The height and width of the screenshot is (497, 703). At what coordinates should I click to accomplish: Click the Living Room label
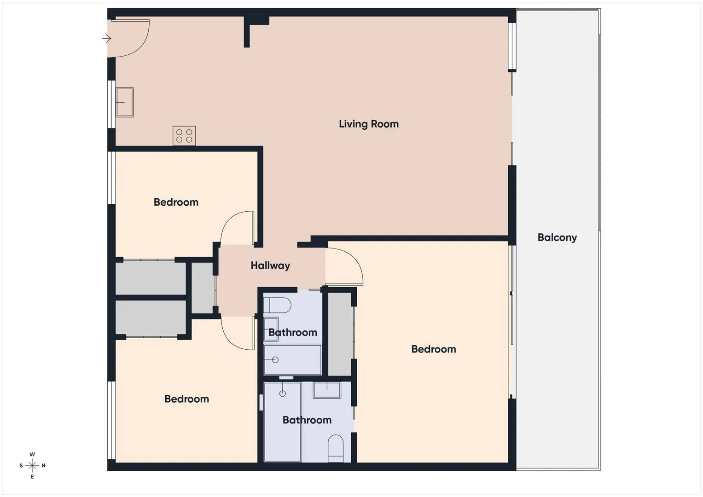pyautogui.click(x=368, y=124)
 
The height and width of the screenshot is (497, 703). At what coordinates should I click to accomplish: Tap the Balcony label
pyautogui.click(x=557, y=237)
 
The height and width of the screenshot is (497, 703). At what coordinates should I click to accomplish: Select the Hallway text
pyautogui.click(x=270, y=266)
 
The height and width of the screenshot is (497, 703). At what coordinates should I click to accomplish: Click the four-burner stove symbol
pyautogui.click(x=184, y=136)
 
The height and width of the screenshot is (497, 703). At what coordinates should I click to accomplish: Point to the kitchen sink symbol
pyautogui.click(x=125, y=102)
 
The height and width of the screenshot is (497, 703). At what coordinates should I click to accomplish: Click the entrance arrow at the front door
pyautogui.click(x=107, y=39)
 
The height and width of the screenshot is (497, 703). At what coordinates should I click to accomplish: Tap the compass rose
pyautogui.click(x=32, y=465)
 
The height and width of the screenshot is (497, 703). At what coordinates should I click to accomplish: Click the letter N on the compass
pyautogui.click(x=43, y=466)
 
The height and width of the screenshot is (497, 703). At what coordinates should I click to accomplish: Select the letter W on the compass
pyautogui.click(x=32, y=454)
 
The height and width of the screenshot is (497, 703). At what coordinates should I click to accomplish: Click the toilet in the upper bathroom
pyautogui.click(x=277, y=305)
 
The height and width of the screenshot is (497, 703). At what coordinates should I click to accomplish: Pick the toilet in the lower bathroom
pyautogui.click(x=336, y=448)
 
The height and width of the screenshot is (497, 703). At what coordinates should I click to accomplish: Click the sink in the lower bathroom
pyautogui.click(x=327, y=390)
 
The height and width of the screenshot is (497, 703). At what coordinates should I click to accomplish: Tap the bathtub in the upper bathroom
pyautogui.click(x=292, y=359)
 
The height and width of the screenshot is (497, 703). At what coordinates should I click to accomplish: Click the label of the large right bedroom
pyautogui.click(x=433, y=349)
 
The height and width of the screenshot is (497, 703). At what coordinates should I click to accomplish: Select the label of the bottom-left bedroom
pyautogui.click(x=186, y=399)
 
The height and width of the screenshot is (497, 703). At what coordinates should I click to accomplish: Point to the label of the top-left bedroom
pyautogui.click(x=176, y=202)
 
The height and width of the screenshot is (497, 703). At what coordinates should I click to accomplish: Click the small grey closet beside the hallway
pyautogui.click(x=203, y=288)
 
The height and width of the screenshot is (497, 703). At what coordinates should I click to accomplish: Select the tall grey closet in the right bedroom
pyautogui.click(x=340, y=334)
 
